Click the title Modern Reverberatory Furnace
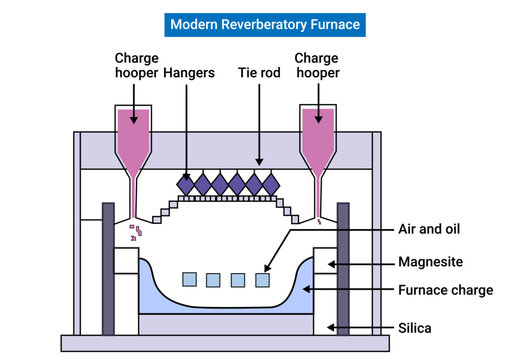pos(264,23)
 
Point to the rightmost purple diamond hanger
pos(271,184)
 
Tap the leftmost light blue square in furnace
pos(190,279)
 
